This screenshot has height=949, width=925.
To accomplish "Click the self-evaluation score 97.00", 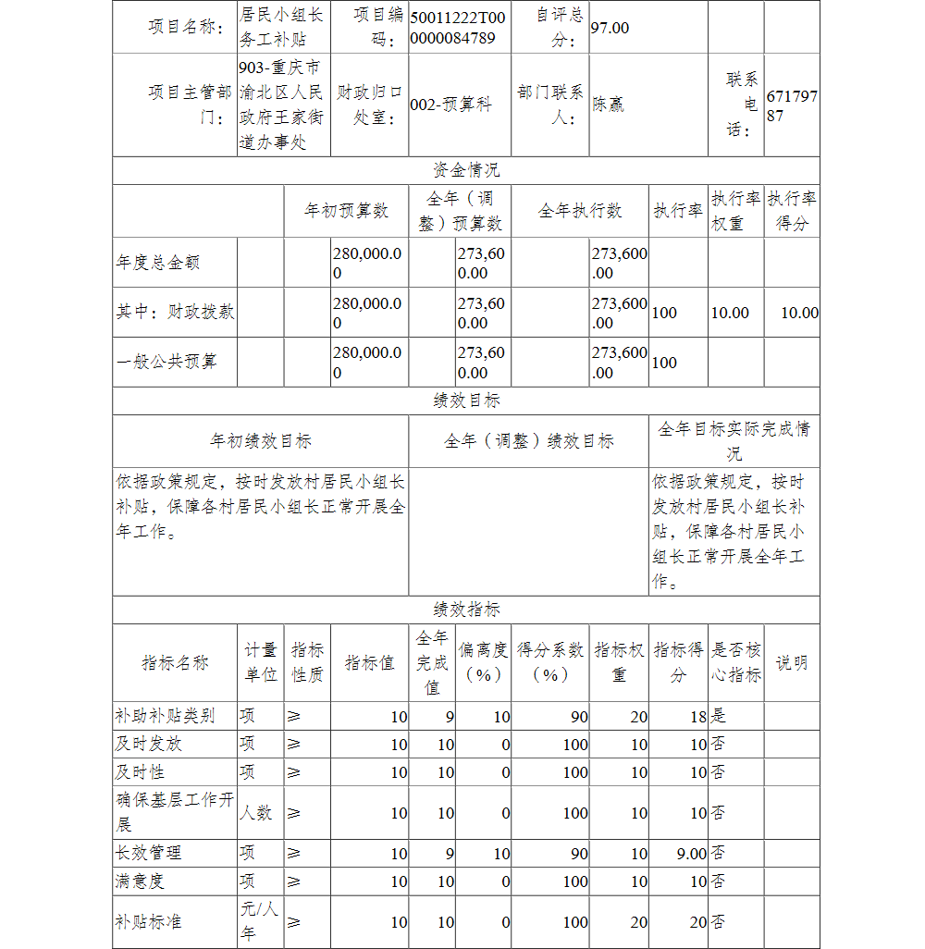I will (x=610, y=28).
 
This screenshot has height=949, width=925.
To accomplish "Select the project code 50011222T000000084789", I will (x=459, y=28).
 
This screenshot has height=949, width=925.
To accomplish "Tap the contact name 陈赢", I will (x=609, y=105).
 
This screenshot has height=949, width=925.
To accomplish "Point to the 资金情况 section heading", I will (x=466, y=170).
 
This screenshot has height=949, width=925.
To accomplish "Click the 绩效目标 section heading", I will (x=466, y=401).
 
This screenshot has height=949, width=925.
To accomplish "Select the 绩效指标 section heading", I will (x=466, y=610).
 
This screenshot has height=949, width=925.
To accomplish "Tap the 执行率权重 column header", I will (x=735, y=211).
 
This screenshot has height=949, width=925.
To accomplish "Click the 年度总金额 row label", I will (x=157, y=263).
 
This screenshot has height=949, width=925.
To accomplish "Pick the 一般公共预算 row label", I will (x=166, y=362).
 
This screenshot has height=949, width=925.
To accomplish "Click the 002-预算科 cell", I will (x=451, y=105).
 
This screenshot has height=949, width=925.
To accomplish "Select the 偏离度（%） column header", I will (x=484, y=662).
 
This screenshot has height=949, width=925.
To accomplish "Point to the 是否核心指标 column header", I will (x=735, y=662).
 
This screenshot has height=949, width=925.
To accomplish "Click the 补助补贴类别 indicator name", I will (x=165, y=716).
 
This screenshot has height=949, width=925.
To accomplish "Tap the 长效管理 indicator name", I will (x=148, y=853).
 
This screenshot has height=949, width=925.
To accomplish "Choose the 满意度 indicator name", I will (x=140, y=881).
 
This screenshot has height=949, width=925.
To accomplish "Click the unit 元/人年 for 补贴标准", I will (x=259, y=921).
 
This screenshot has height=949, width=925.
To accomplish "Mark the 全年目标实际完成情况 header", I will (x=734, y=441).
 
